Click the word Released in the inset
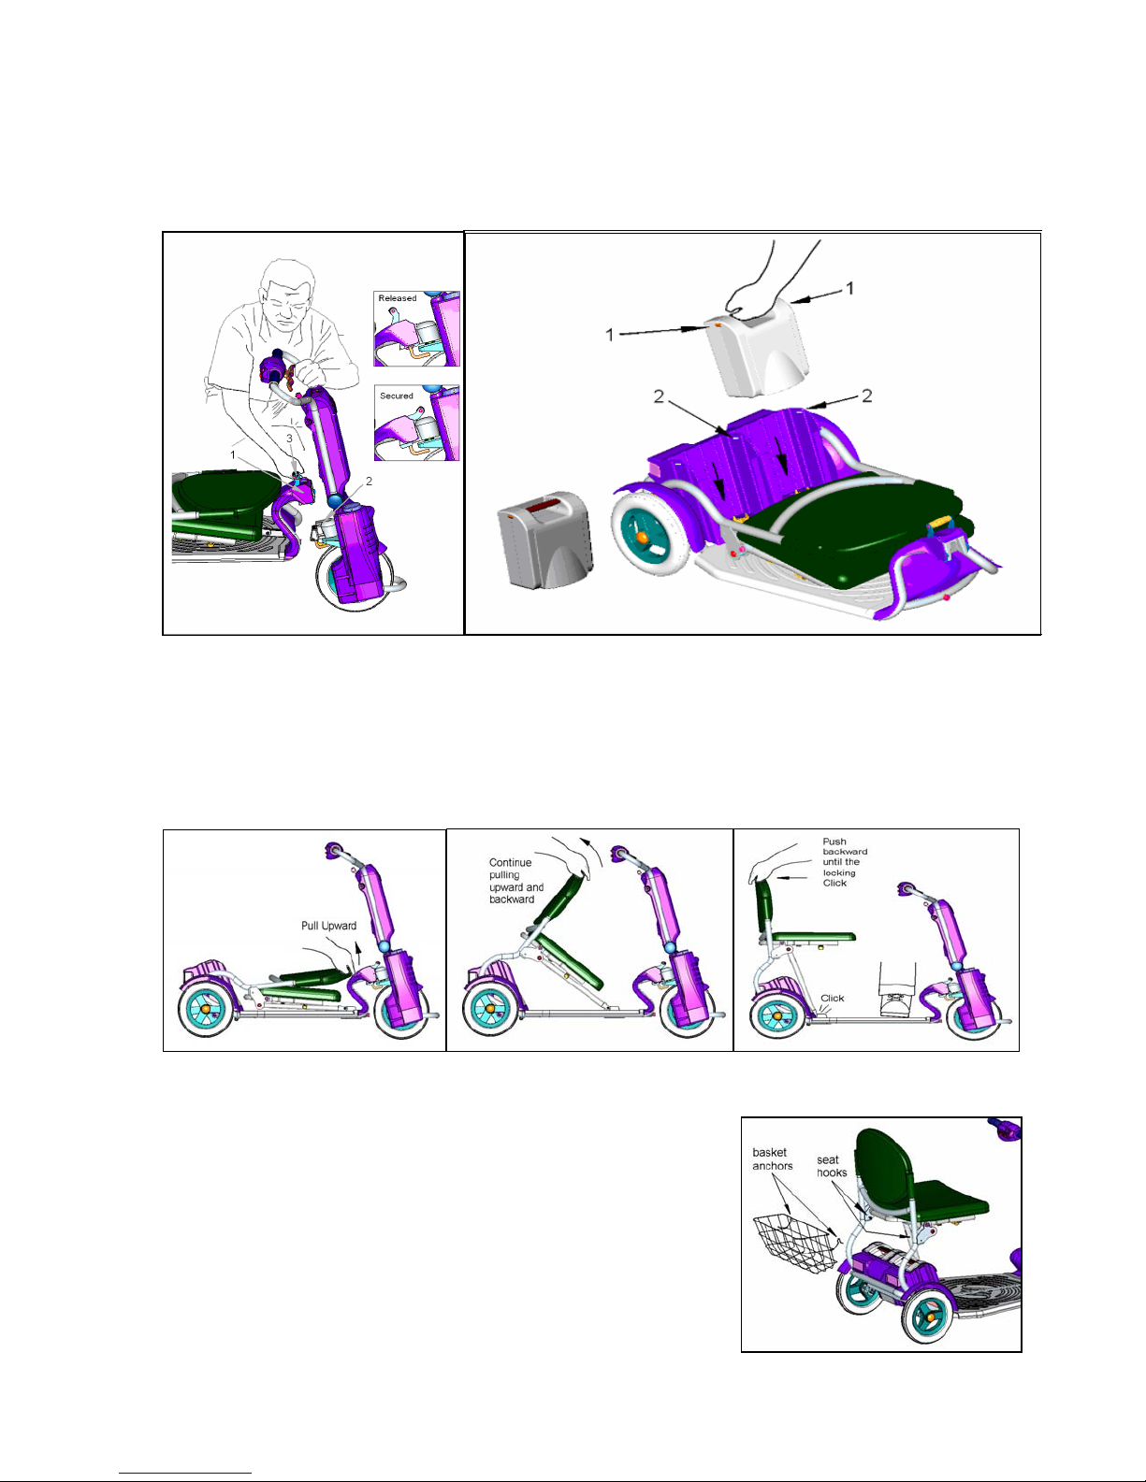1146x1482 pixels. click(x=397, y=298)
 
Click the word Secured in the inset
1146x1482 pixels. click(x=397, y=396)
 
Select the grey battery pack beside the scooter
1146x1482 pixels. click(x=545, y=540)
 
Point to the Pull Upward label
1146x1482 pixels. click(x=328, y=926)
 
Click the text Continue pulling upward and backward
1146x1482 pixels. click(x=515, y=881)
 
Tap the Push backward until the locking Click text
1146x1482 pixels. click(x=845, y=862)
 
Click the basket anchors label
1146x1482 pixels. click(x=772, y=1158)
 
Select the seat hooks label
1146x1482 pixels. click(x=832, y=1166)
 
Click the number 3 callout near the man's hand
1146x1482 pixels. click(x=289, y=439)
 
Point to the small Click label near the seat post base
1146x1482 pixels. click(x=833, y=998)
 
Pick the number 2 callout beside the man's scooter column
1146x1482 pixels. click(x=369, y=481)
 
